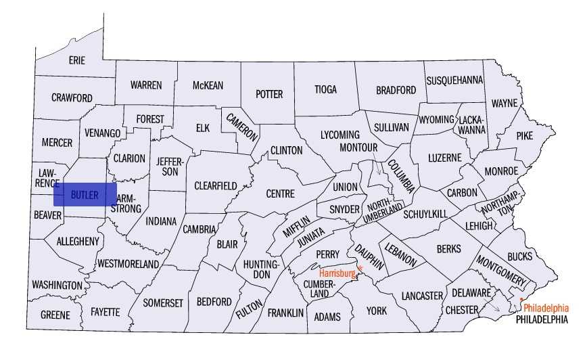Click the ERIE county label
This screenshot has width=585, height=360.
click(77, 60)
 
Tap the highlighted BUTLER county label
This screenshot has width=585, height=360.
click(85, 195)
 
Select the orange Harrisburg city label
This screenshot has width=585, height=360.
click(337, 273)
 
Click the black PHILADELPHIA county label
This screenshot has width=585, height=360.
click(541, 319)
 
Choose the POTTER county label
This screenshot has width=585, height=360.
click(269, 94)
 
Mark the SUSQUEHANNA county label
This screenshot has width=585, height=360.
click(454, 80)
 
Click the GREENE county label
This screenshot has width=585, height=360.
click(55, 315)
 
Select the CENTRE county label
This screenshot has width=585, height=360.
click(280, 194)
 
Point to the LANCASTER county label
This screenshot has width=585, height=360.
click(421, 296)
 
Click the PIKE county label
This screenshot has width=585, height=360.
click(524, 135)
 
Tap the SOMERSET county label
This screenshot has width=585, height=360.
click(163, 303)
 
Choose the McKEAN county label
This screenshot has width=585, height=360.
click(208, 85)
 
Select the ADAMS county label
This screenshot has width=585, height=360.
click(328, 317)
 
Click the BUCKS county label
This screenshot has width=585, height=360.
click(519, 256)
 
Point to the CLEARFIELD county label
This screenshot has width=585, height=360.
click(215, 185)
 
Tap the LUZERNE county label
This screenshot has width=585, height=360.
click(444, 158)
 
